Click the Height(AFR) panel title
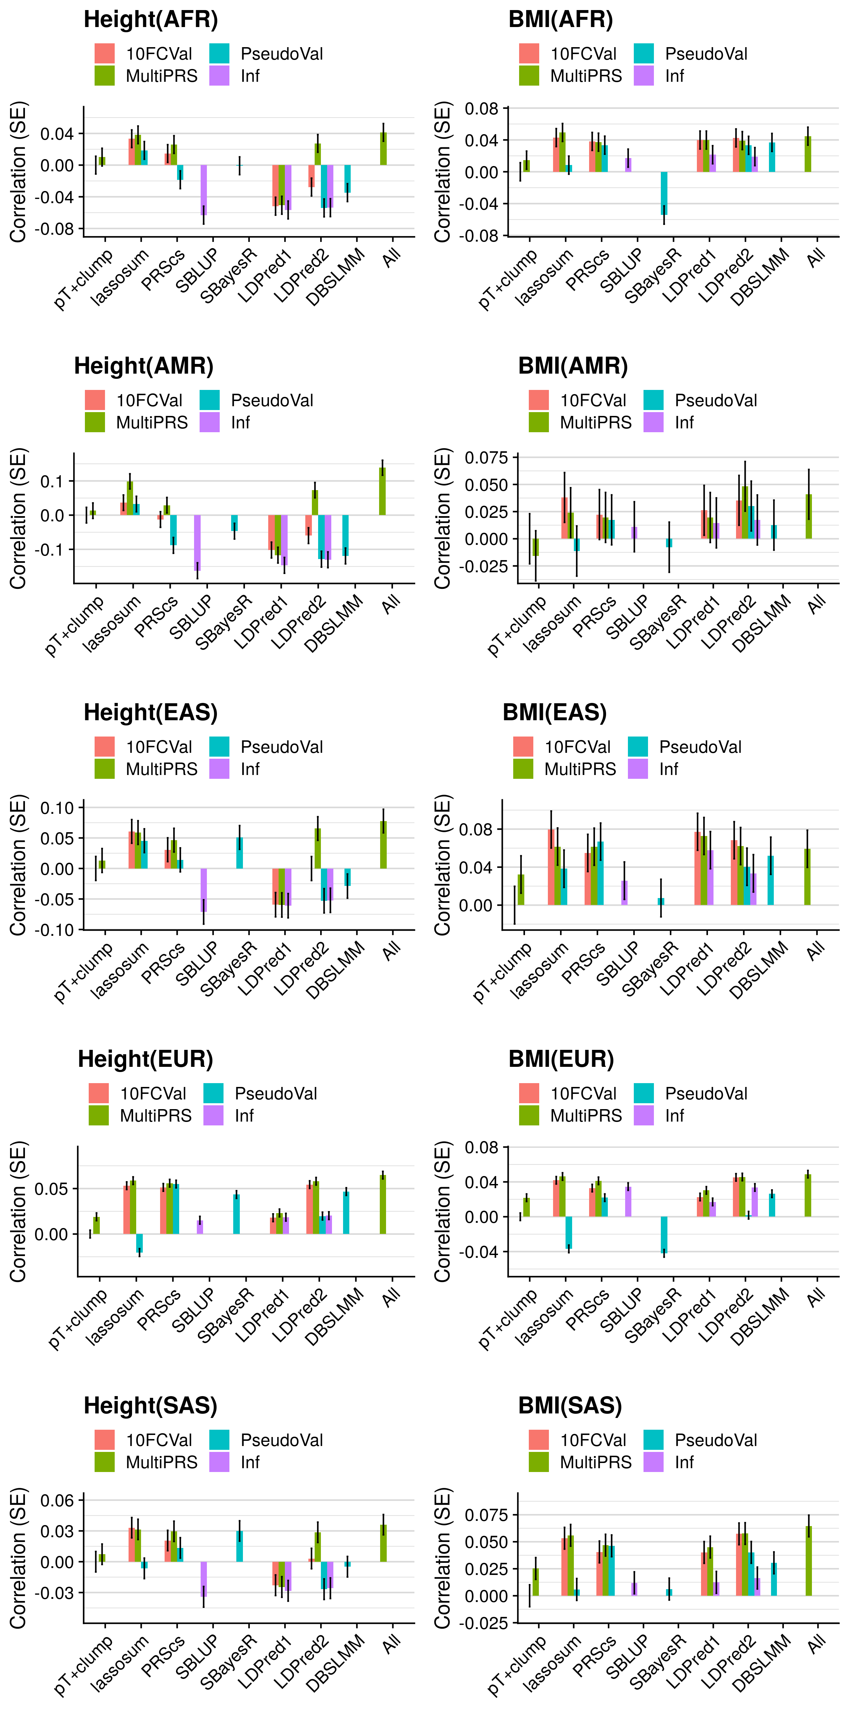click(151, 19)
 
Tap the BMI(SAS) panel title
click(570, 1405)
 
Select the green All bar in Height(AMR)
click(382, 491)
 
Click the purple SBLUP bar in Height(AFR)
click(203, 190)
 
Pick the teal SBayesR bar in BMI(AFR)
click(664, 193)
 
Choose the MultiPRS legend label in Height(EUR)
click(155, 1115)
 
